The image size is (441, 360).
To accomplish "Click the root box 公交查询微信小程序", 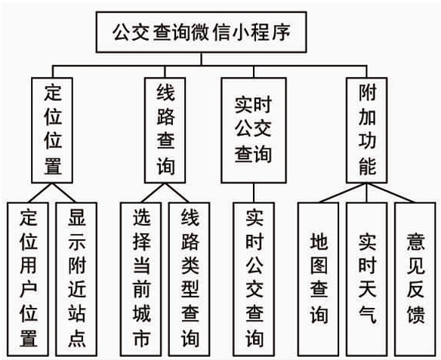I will pyautogui.click(x=199, y=32).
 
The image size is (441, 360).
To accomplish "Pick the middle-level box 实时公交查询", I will pyautogui.click(x=253, y=129).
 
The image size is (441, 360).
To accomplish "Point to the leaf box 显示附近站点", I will pyautogui.click(x=76, y=278).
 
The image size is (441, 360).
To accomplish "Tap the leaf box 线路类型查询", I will pyautogui.click(x=189, y=278).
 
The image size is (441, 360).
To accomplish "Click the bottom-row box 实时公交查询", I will pyautogui.click(x=254, y=278).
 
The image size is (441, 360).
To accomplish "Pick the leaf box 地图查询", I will pyautogui.click(x=319, y=278).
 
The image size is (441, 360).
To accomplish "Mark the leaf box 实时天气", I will pyautogui.click(x=367, y=278).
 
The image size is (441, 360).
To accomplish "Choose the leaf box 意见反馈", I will pyautogui.click(x=415, y=278).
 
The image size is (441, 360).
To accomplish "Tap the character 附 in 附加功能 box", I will pyautogui.click(x=366, y=94).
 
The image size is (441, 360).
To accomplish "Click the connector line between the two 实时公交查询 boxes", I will pyautogui.click(x=254, y=192).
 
